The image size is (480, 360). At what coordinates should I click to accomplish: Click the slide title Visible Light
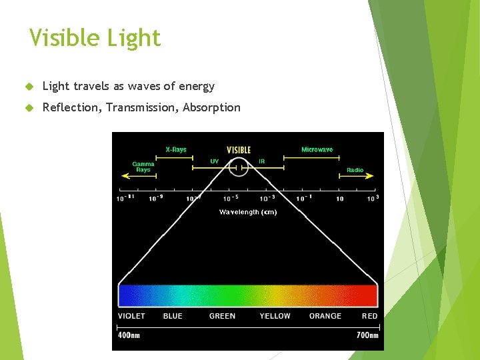point(95,38)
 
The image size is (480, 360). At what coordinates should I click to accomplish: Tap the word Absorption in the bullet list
point(211,107)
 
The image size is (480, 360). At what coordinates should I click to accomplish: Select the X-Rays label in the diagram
point(176,149)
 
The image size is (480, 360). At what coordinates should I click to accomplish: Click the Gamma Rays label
point(143,167)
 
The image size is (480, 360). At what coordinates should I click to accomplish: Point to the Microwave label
point(317,149)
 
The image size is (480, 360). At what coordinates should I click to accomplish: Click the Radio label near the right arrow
point(355,170)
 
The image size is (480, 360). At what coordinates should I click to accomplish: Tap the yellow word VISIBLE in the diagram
point(239,150)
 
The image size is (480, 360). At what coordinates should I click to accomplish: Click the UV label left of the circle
point(214,161)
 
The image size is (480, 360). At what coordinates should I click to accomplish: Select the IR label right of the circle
point(262,161)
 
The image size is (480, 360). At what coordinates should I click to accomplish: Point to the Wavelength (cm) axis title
point(248,212)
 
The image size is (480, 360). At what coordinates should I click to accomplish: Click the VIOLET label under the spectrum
point(131,316)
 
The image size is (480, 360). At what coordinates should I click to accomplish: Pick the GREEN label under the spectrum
point(222,316)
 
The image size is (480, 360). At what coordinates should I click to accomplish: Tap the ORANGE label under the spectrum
point(325,316)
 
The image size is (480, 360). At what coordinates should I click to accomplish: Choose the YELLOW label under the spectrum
point(275,316)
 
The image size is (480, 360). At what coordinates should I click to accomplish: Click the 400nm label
point(129,335)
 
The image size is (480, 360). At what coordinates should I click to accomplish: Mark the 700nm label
point(367,335)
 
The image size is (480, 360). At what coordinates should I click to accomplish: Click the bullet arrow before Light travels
point(29,87)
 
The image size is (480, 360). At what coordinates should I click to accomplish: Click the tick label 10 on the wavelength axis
point(340,199)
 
